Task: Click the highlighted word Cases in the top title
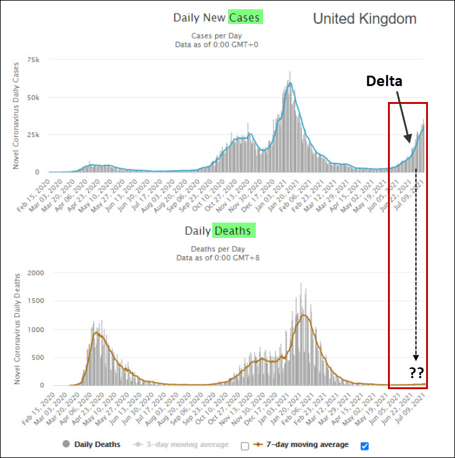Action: [246, 17]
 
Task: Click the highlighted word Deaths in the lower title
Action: [234, 231]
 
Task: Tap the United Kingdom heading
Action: [365, 18]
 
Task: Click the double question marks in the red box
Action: [416, 372]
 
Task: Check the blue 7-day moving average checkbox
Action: [365, 446]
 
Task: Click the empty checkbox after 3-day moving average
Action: [245, 446]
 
